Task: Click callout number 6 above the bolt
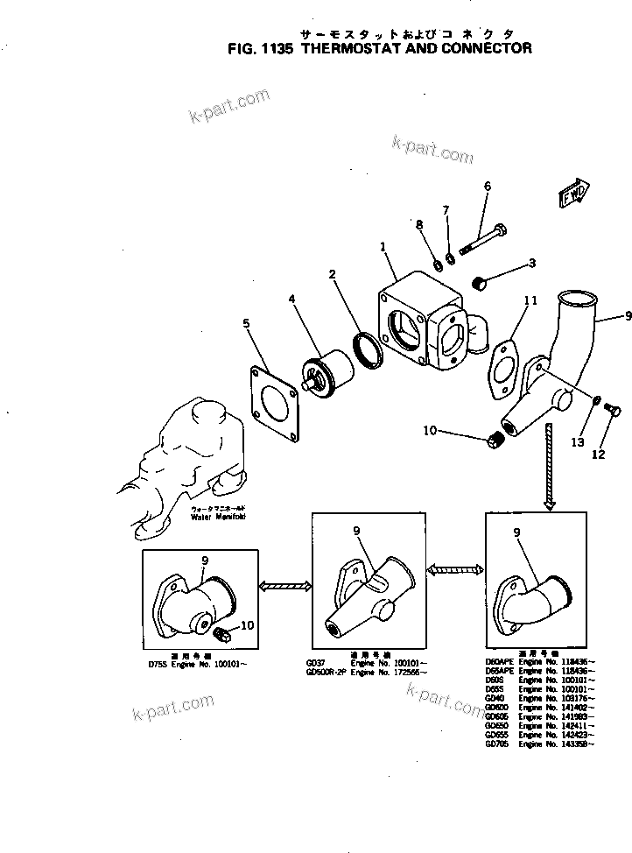tap(488, 187)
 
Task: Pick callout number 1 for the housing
tap(383, 249)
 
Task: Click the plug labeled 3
tap(479, 284)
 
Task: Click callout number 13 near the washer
tap(577, 443)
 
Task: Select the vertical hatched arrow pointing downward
tap(549, 464)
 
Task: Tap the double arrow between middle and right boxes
tap(455, 570)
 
